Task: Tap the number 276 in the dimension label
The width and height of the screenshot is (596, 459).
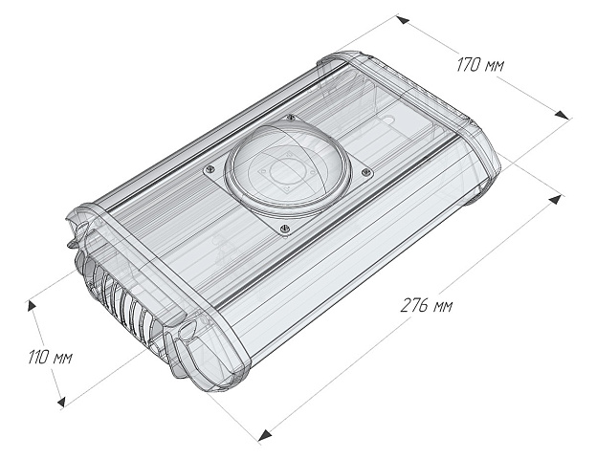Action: (x=410, y=306)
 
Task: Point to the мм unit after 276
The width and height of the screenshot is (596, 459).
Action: (x=440, y=306)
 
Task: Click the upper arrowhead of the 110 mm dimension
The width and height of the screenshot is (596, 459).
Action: (x=32, y=304)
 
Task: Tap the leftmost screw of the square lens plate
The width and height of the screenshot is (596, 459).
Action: (x=210, y=170)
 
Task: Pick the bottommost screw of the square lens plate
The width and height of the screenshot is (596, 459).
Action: (x=283, y=228)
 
